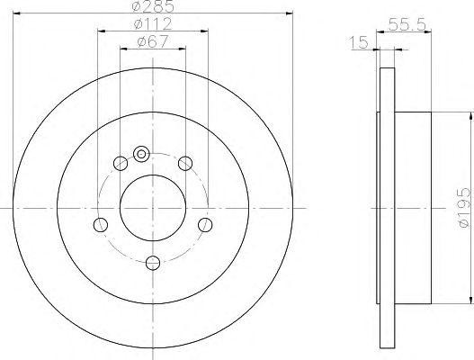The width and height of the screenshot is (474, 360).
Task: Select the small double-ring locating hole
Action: [140, 154]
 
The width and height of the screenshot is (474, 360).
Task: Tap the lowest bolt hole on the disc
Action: [153, 263]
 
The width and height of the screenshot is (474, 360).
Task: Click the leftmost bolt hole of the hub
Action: [101, 224]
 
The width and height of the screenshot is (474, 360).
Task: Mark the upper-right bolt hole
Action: [185, 163]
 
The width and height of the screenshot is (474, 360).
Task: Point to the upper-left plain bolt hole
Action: [121, 163]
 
